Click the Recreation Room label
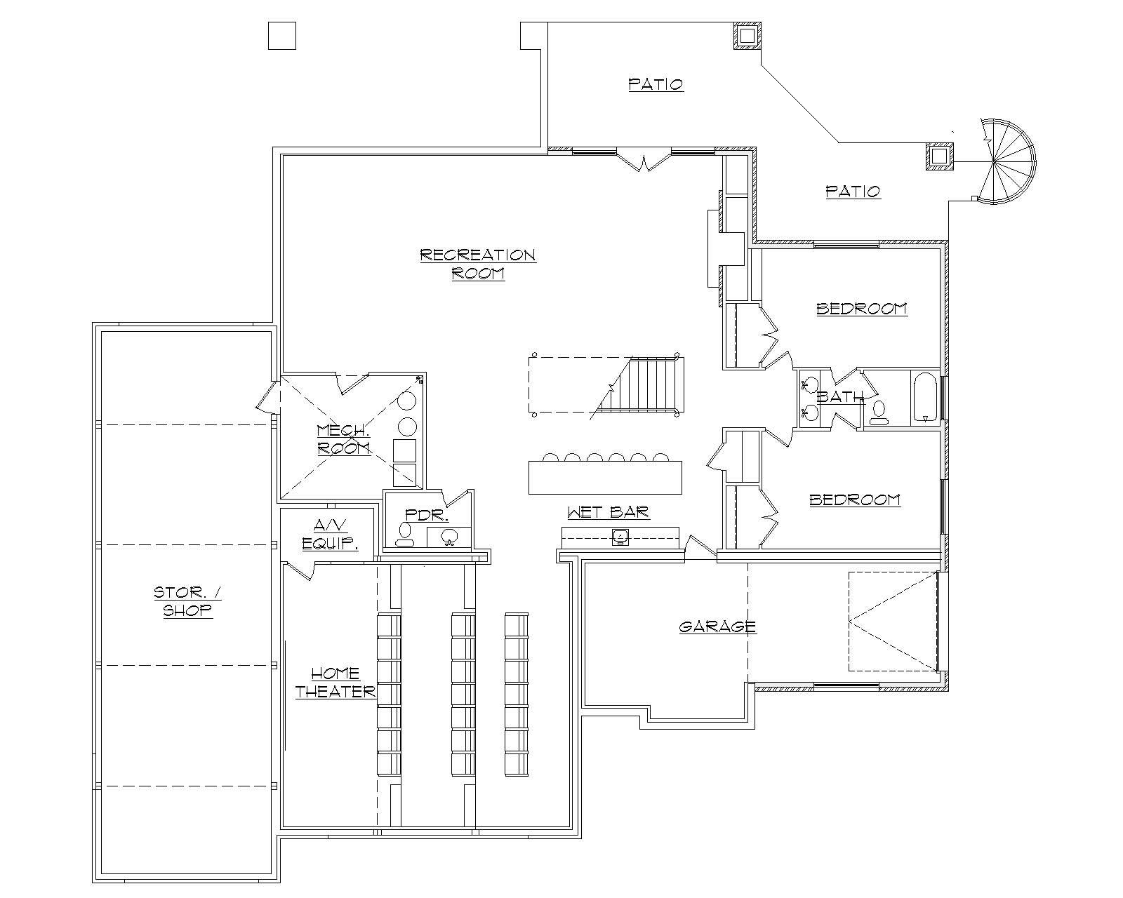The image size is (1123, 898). [477, 264]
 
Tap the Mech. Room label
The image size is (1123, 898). [343, 439]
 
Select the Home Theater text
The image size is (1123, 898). [335, 683]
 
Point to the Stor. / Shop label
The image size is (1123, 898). [187, 601]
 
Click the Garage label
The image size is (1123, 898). [717, 626]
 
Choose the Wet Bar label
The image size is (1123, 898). [608, 513]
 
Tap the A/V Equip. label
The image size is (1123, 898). [330, 534]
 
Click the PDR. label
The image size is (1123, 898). [427, 515]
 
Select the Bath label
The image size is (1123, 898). [839, 397]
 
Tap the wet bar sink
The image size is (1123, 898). [620, 537]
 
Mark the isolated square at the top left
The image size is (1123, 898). [282, 36]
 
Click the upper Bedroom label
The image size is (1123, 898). [861, 309]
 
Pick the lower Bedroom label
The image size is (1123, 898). [854, 500]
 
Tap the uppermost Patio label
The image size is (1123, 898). [656, 85]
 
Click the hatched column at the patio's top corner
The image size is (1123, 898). [747, 35]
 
